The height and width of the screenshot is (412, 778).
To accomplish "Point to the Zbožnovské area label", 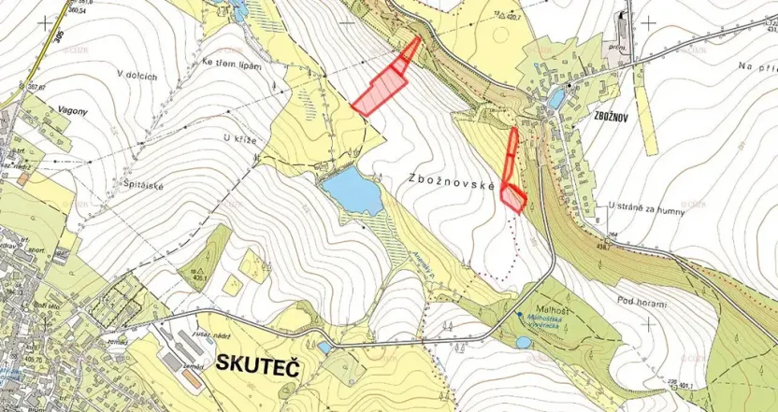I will click(x=450, y=184).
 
